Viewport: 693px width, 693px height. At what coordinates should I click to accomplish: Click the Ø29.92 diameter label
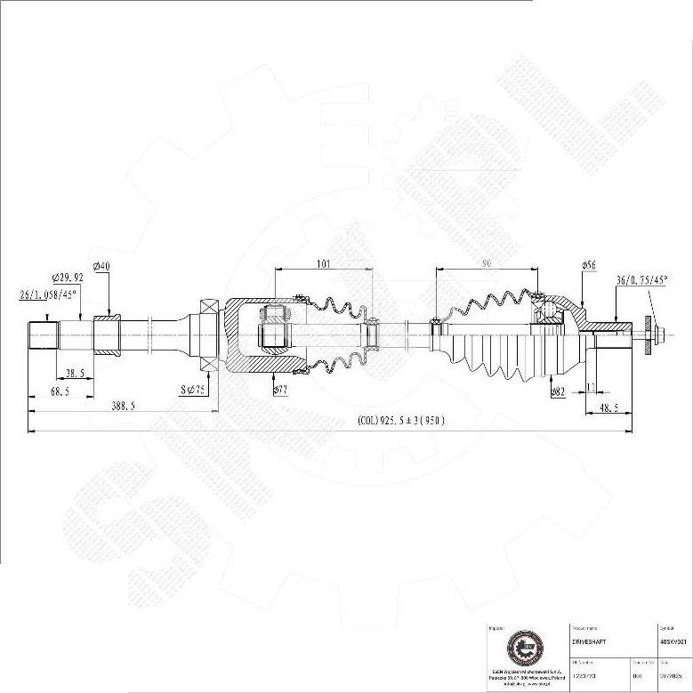69,277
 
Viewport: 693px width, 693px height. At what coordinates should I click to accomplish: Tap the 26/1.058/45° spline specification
49,293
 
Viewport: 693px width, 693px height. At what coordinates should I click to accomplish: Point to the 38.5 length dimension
75,375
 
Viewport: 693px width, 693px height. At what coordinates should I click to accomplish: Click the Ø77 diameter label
280,390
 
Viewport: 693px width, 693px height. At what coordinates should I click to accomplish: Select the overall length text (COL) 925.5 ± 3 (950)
400,420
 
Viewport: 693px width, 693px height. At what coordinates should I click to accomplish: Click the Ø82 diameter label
559,392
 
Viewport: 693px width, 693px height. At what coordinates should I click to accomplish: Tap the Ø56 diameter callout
588,265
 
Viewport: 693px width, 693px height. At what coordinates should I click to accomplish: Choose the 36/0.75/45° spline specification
641,280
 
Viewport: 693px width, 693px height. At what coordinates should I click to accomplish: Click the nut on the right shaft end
659,334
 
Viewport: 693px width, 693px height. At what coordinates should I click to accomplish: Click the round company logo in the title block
520,649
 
